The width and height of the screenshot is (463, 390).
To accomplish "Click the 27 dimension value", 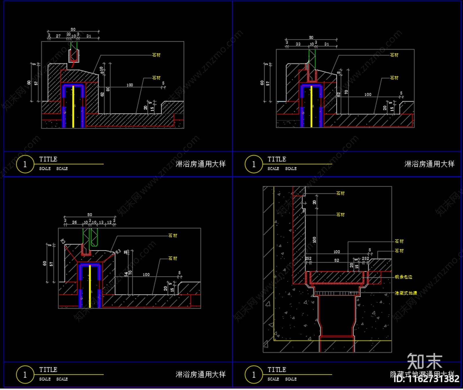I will pos(58,36).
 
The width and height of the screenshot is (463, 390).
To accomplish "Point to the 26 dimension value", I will pos(74,222).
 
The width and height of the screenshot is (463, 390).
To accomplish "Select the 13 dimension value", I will pos(101,222).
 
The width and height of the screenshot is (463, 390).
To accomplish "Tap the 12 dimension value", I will pos(109,222).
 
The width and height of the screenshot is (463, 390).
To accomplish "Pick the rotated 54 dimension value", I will pos(126,274).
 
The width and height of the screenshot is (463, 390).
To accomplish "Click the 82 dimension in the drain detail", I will pos(337,260).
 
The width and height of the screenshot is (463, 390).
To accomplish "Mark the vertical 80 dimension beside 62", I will pos(108,89).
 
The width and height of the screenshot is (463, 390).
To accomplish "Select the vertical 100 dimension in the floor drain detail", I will pos(315,239).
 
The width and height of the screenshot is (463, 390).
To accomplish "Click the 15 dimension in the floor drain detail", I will pos(357,266).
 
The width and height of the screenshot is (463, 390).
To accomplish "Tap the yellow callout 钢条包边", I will pos(403,277).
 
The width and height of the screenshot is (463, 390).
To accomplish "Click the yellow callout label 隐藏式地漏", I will pos(406,293).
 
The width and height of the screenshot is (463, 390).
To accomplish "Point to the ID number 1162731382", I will pos(427,379).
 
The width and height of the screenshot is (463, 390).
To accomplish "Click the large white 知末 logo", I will pos(425,361).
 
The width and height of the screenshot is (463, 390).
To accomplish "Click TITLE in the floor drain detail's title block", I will pos(277,370).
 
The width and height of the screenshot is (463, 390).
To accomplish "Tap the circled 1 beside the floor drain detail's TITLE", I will pos(254,375).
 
